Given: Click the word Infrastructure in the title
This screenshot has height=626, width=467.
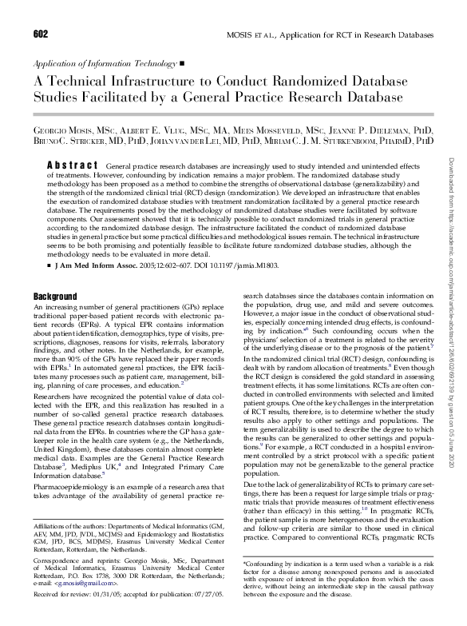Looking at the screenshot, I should pos(157,82).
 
